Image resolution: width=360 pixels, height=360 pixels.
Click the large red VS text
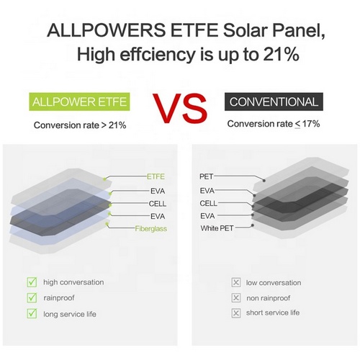pos(180,109)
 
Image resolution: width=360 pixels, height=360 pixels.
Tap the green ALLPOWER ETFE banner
pos(79,102)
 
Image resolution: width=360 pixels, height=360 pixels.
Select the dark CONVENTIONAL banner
pos(274,102)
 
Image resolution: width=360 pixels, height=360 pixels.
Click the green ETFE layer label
pos(156,176)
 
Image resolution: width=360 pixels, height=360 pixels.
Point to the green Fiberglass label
pos(150,228)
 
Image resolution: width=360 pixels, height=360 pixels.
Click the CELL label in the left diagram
pos(158,204)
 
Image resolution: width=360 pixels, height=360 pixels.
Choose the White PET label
pos(217,228)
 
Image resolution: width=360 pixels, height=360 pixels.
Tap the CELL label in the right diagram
pos(208,203)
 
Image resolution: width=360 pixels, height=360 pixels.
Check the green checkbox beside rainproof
pos(32,298)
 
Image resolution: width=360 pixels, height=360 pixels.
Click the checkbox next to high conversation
pos(32,282)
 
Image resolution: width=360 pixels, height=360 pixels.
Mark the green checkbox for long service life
pos(32,314)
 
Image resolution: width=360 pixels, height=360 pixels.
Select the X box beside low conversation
pos(236,282)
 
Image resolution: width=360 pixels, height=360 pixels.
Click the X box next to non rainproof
pos(236,298)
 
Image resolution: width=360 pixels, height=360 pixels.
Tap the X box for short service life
pos(236,313)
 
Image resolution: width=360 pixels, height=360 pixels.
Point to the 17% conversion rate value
pos(311,124)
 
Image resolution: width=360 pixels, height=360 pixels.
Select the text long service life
pos(70,314)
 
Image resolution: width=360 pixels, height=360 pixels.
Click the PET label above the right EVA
pos(206,176)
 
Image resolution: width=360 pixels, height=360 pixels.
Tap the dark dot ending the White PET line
pos(253,225)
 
